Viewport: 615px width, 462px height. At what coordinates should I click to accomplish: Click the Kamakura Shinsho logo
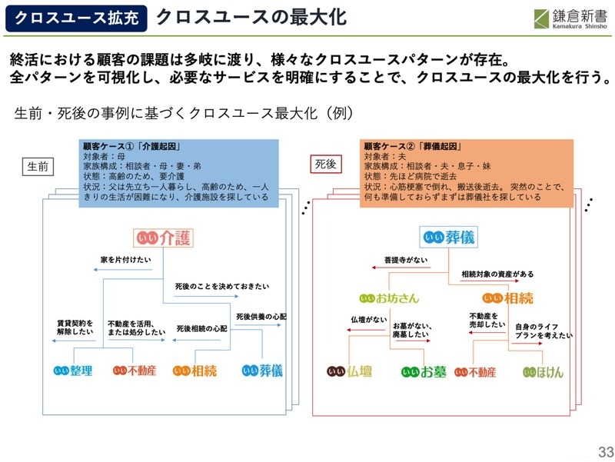click(570, 18)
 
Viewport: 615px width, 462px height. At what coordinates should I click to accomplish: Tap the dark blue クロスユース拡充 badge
click(76, 18)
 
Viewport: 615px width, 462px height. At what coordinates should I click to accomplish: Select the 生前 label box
click(38, 166)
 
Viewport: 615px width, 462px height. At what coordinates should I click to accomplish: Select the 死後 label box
click(326, 164)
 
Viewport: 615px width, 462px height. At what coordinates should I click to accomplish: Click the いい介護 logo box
click(163, 238)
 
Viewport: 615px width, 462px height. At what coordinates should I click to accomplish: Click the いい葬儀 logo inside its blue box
click(449, 237)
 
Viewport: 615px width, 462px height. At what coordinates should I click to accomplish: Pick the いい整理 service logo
click(73, 371)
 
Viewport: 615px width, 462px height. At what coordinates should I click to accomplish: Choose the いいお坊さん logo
click(389, 298)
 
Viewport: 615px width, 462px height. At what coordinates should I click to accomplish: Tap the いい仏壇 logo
click(350, 371)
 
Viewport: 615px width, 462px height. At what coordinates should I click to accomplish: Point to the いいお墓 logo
click(424, 372)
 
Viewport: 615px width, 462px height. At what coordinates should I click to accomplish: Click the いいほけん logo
click(543, 372)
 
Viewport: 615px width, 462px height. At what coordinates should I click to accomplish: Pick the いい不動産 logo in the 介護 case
click(135, 371)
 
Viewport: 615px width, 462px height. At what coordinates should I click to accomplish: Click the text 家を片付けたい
click(125, 260)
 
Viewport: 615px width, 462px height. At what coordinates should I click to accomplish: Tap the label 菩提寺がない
click(406, 260)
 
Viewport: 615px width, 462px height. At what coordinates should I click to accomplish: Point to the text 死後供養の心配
click(261, 317)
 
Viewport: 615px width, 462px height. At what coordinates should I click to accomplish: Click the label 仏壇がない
click(369, 320)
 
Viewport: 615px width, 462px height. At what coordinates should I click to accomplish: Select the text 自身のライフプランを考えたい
click(544, 331)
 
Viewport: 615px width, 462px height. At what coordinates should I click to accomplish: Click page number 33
click(606, 452)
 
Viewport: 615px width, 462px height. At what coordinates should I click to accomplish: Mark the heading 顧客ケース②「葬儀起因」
click(413, 146)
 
